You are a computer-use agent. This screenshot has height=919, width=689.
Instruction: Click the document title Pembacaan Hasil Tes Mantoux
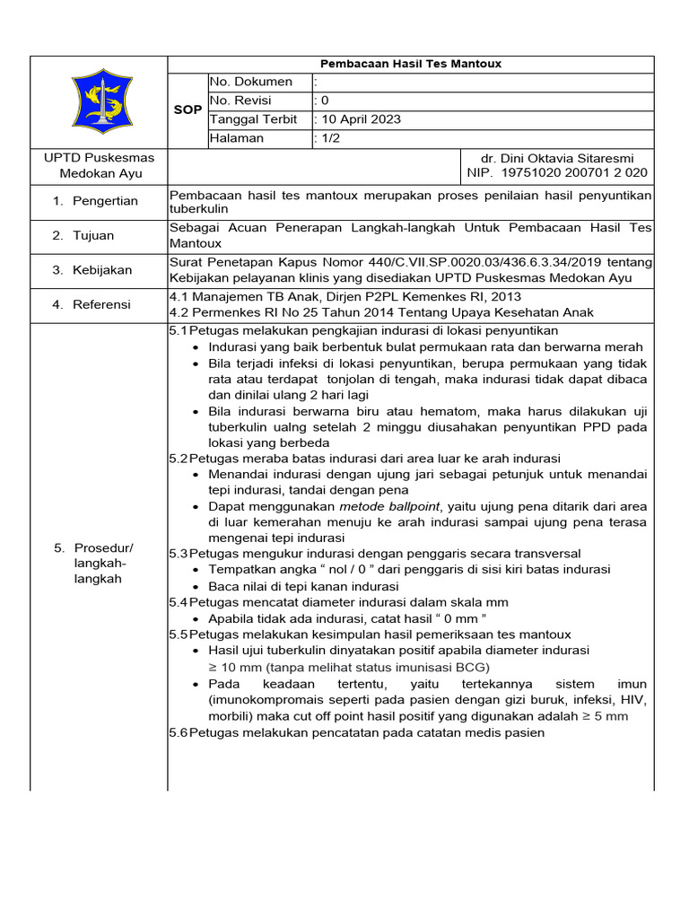click(x=411, y=64)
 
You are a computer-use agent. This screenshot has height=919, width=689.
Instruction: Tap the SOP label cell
click(x=188, y=109)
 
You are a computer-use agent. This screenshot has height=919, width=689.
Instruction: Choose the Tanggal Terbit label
click(x=255, y=119)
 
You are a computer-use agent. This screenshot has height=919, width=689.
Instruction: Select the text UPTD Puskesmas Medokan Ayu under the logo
click(x=100, y=165)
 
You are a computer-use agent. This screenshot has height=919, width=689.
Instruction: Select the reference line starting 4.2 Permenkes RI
click(x=381, y=312)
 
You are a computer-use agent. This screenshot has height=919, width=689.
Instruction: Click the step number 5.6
click(x=179, y=732)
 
